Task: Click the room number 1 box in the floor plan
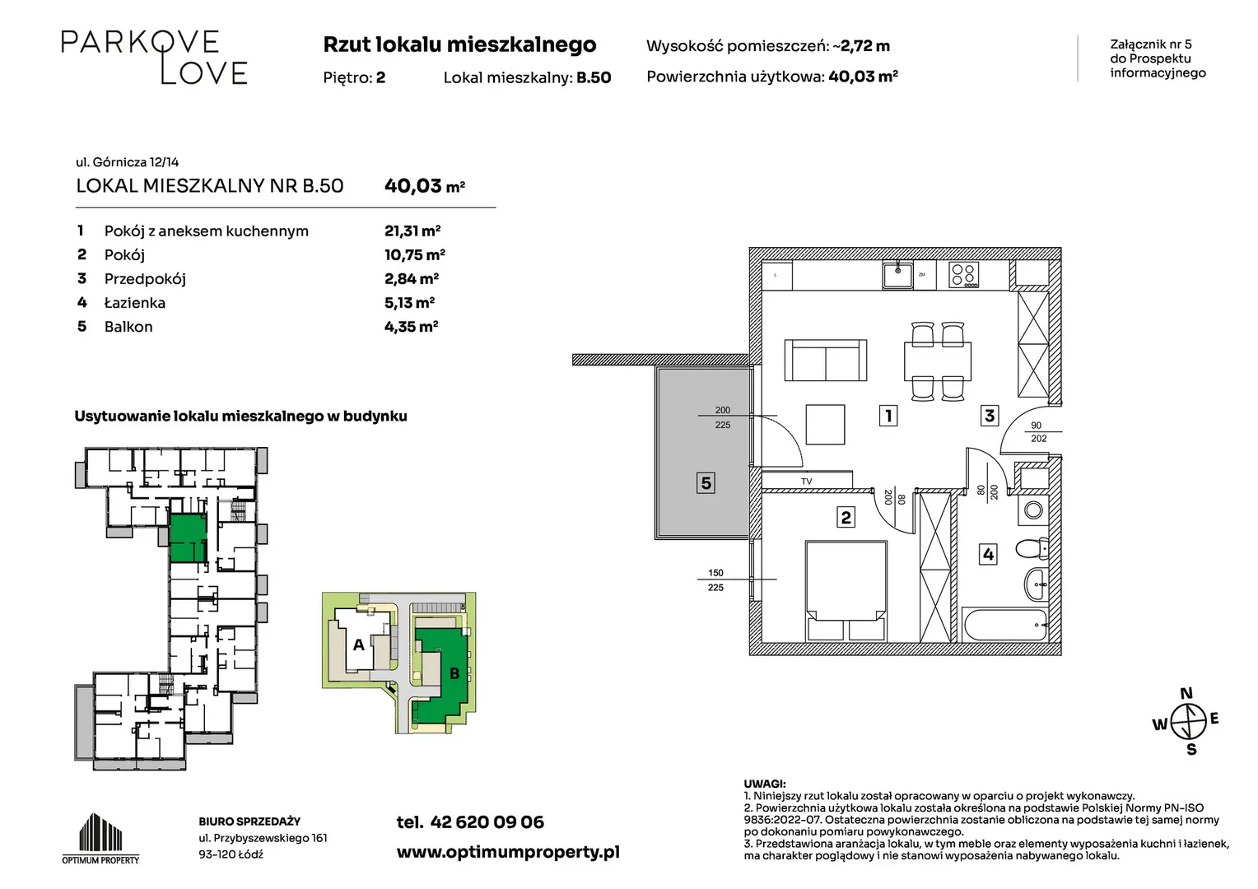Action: click(888, 416)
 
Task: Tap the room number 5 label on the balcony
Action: click(706, 483)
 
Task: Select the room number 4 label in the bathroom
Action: click(988, 554)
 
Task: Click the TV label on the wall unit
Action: click(807, 482)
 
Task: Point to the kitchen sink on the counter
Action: click(897, 275)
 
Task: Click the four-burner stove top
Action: click(964, 275)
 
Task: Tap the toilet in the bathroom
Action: click(1032, 549)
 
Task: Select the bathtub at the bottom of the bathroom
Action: click(1004, 623)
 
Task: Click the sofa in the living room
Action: click(826, 360)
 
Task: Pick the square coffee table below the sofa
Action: click(825, 425)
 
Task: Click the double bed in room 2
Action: click(846, 591)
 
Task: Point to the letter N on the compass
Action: click(1186, 693)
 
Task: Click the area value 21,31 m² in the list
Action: click(412, 230)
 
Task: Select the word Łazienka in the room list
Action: click(135, 303)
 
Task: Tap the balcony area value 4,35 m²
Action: click(411, 326)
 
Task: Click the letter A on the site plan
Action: click(358, 645)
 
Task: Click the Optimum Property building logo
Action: click(100, 837)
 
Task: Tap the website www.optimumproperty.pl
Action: click(508, 852)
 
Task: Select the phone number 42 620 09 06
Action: click(487, 822)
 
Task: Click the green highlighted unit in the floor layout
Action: click(189, 538)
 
